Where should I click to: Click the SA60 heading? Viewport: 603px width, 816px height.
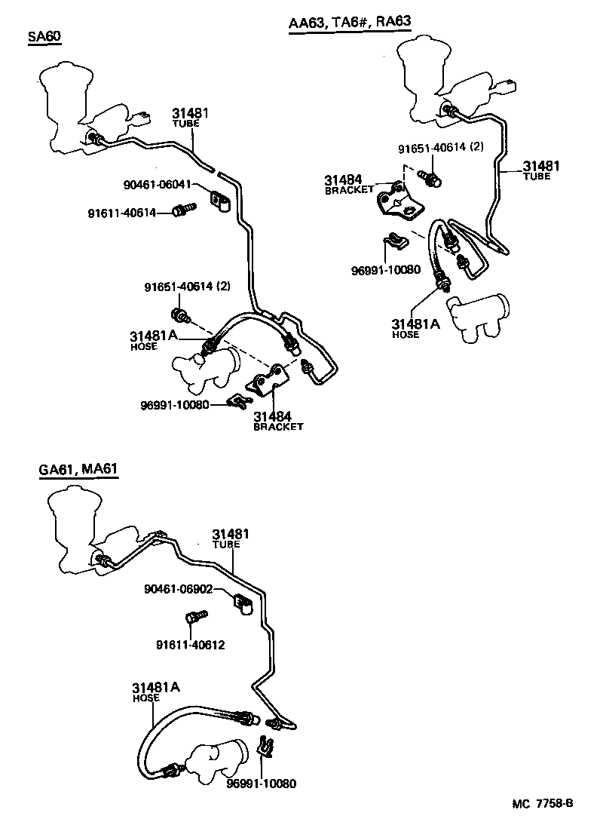point(44,37)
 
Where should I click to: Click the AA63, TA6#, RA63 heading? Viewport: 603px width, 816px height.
point(350,22)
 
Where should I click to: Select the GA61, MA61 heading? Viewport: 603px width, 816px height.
point(78,471)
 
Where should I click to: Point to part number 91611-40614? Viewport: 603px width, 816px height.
point(122,213)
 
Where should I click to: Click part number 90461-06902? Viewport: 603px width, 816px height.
point(178,590)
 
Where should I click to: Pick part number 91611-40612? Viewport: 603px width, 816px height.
point(190,645)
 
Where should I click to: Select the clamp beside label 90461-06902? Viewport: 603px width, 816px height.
point(242,603)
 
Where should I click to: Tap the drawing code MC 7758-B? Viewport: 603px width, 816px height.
point(544,804)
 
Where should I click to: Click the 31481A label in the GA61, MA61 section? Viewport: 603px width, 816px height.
point(156,687)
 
